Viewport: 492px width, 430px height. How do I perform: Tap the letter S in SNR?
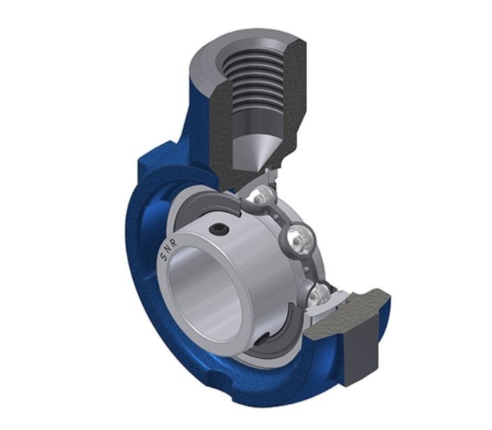coord(164,257)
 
